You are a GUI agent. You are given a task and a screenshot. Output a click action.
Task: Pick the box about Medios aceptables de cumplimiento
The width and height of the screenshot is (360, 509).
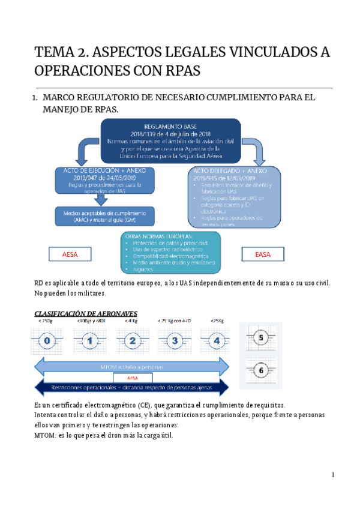click(104, 215)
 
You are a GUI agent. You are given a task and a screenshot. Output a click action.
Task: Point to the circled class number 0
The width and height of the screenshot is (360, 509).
click(47, 342)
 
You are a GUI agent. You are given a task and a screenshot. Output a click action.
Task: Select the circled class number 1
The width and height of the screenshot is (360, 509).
click(89, 342)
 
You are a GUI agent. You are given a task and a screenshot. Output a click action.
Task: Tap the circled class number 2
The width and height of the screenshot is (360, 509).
click(132, 342)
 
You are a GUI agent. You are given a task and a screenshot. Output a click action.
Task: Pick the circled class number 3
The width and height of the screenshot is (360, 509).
click(175, 342)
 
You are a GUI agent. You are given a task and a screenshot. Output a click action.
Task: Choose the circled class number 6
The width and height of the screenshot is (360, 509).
click(261, 370)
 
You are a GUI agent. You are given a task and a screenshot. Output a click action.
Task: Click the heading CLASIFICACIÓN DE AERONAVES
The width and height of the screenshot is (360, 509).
click(86, 313)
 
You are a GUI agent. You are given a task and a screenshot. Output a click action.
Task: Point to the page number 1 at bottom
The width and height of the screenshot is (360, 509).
click(332, 475)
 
